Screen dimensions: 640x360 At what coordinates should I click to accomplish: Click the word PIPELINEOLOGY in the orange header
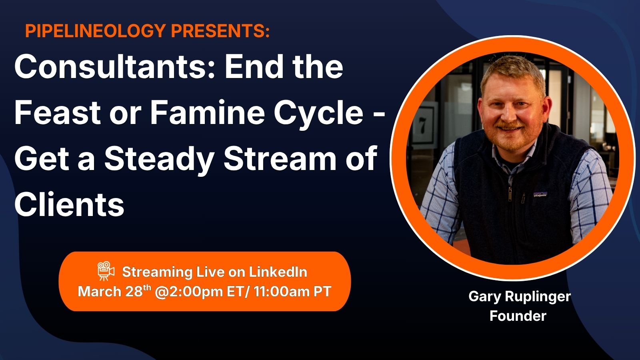(96, 30)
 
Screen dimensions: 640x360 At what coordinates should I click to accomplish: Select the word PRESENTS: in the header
(220, 30)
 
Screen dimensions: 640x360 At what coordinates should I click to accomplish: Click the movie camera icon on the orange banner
(106, 271)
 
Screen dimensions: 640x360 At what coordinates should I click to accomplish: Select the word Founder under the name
(518, 316)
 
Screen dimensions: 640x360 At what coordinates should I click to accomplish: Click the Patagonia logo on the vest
(540, 194)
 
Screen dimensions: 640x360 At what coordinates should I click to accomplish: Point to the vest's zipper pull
(510, 194)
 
